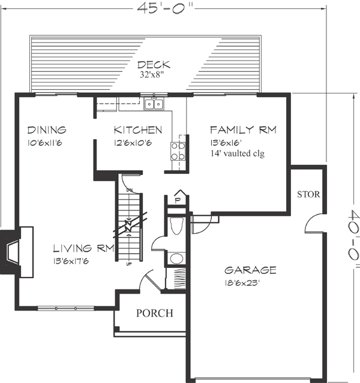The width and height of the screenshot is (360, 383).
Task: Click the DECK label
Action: pos(154,65)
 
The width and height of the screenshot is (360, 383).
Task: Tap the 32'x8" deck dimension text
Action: pos(154,76)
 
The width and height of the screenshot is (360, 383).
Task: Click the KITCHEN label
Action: pos(138,129)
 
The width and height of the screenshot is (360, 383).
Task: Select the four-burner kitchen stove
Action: pos(178,150)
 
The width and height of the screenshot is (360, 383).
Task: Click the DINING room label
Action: pos(46,129)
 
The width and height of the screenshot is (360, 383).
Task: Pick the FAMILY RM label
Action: pos(243,129)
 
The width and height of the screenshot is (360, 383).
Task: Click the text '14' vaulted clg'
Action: pos(237,153)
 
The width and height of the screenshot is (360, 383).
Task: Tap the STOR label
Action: pos(308,195)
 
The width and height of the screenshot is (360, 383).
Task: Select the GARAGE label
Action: pos(250,270)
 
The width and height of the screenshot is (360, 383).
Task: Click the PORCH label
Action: pos(154,313)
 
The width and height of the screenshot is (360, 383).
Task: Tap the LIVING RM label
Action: pos(80,248)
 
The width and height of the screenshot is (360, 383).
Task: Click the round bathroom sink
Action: pos(177,259)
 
